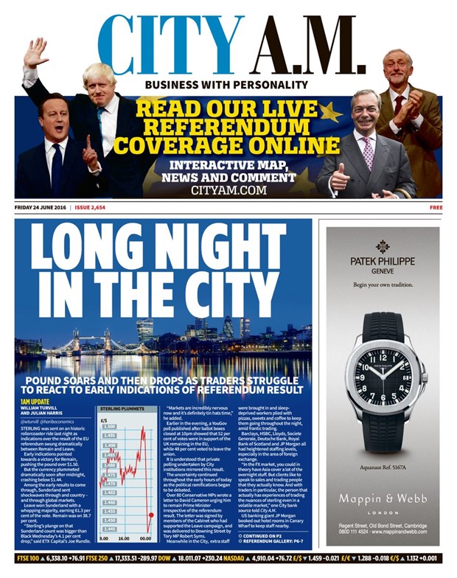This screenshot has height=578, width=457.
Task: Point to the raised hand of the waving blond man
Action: (x=35, y=53)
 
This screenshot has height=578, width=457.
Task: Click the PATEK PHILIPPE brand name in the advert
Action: (x=383, y=262)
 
